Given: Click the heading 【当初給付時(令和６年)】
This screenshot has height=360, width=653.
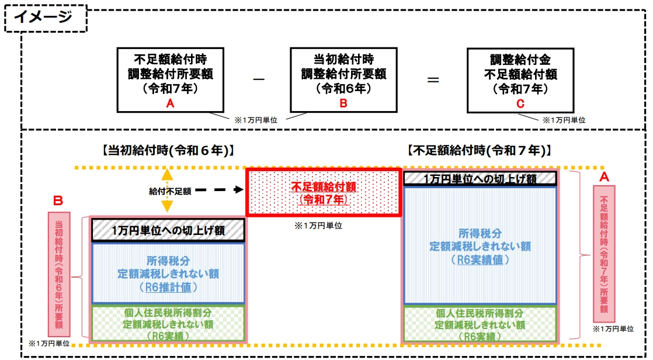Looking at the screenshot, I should [168, 151].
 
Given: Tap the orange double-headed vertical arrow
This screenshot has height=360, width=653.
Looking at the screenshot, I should [166, 191].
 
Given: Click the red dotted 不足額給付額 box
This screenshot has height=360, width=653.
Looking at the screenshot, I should [323, 192].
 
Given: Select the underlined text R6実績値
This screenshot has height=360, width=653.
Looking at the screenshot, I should [480, 259].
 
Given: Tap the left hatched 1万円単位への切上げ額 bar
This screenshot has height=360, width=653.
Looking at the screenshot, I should [168, 230].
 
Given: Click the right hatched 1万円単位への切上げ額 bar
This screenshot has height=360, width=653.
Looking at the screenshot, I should [479, 178].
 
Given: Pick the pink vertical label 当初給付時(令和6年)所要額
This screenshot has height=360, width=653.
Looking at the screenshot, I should [59, 275].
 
